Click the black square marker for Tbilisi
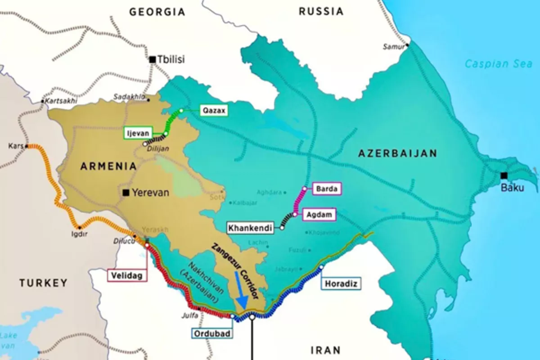153,59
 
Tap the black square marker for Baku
504,175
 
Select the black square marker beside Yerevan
126,193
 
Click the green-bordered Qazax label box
214,110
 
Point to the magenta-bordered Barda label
327,189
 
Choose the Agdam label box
321,215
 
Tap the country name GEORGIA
157,12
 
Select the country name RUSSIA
320,12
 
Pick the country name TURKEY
43,283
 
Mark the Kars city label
15,146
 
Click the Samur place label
392,46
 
